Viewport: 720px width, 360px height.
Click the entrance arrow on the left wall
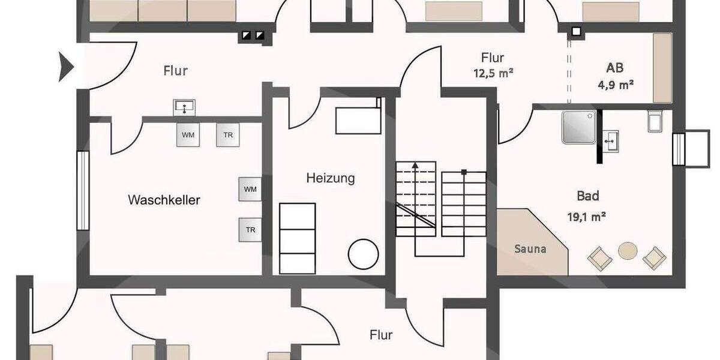(65, 66)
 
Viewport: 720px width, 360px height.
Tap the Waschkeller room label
(164, 200)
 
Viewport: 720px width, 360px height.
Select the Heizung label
(330, 178)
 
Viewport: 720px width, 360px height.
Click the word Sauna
(530, 248)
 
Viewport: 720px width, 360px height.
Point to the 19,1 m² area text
(586, 217)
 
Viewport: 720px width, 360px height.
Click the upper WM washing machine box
(188, 135)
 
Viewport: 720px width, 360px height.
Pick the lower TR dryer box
(250, 230)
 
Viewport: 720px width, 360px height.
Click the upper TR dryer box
(228, 135)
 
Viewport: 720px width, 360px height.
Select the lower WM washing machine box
(250, 189)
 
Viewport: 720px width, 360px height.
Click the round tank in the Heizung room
(364, 254)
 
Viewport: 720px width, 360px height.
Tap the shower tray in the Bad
(579, 127)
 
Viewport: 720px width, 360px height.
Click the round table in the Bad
(628, 250)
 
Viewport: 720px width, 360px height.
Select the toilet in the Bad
(655, 120)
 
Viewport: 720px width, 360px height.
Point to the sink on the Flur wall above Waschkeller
(184, 107)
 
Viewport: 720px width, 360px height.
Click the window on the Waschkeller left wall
(82, 190)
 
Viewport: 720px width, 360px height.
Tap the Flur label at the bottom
(381, 334)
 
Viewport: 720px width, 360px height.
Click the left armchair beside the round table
(599, 259)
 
